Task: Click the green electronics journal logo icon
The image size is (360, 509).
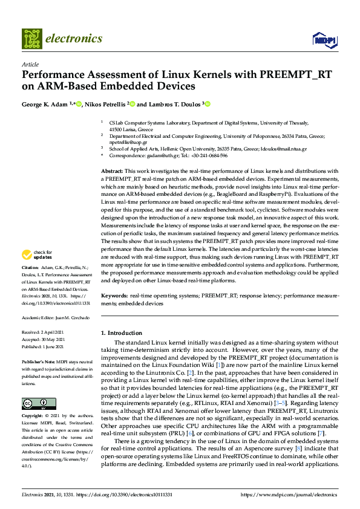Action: click(32, 38)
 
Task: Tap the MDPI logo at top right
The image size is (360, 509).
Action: click(324, 40)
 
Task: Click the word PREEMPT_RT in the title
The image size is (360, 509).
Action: click(278, 76)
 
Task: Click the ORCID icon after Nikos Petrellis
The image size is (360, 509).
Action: click(131, 104)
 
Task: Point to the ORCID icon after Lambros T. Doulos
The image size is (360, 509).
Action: click(207, 104)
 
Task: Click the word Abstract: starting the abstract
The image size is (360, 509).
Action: click(112, 172)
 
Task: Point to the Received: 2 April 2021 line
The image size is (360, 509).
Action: click(44, 332)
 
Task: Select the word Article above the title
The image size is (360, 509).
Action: click(30, 64)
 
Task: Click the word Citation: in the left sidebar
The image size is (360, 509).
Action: click(30, 284)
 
